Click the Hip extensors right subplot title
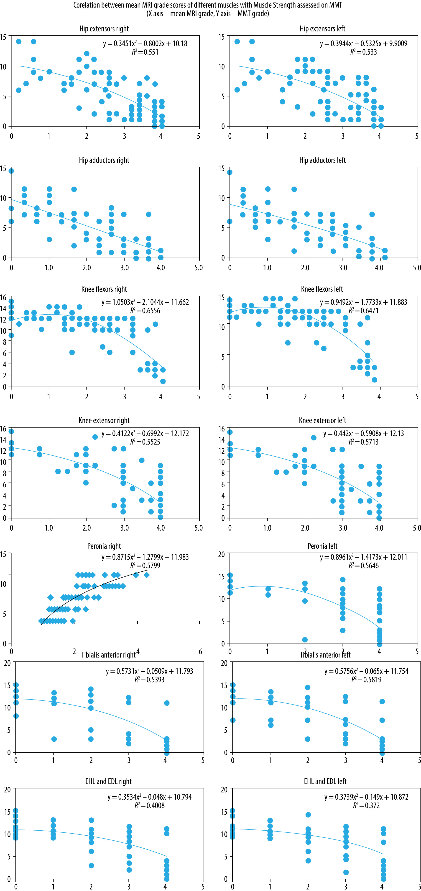pyautogui.click(x=104, y=29)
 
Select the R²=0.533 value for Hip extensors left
pyautogui.click(x=363, y=52)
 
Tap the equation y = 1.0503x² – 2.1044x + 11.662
pyautogui.click(x=145, y=302)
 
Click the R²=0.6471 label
pyautogui.click(x=363, y=311)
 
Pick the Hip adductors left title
pyautogui.click(x=322, y=160)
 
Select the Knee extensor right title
pyautogui.click(x=104, y=421)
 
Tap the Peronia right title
pyautogui.click(x=104, y=546)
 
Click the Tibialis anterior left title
pyautogui.click(x=325, y=655)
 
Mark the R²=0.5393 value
pyautogui.click(x=149, y=680)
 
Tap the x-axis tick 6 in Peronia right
pyautogui.click(x=200, y=652)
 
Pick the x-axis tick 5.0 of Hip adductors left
pyautogui.click(x=416, y=268)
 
